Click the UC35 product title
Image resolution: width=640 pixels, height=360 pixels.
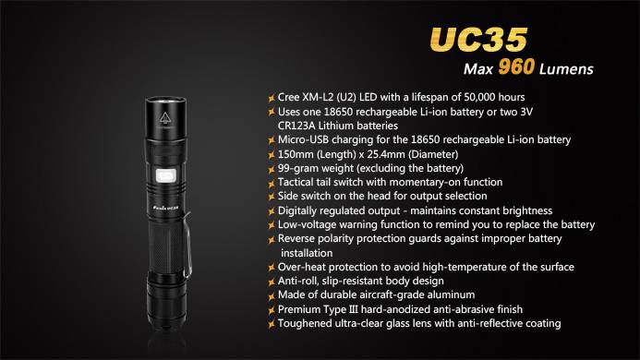coord(478,40)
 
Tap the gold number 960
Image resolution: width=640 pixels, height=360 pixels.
coord(516,66)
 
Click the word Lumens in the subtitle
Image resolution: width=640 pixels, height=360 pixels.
coord(566,69)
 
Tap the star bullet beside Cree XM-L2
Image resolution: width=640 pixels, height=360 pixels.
coord(271,98)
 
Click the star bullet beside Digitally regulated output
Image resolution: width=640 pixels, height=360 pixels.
coord(271,211)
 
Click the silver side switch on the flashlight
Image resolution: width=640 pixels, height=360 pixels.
coord(165,176)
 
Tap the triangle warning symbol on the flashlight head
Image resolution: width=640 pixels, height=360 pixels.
coord(165,117)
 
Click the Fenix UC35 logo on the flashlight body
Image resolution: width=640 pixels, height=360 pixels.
coord(165,208)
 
